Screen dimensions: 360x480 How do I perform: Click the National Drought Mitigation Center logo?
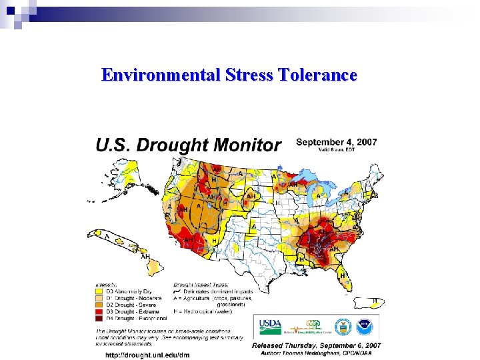pos(308,327)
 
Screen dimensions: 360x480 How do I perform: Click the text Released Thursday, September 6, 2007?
pos(316,345)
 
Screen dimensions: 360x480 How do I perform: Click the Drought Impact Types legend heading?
pos(200,284)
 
